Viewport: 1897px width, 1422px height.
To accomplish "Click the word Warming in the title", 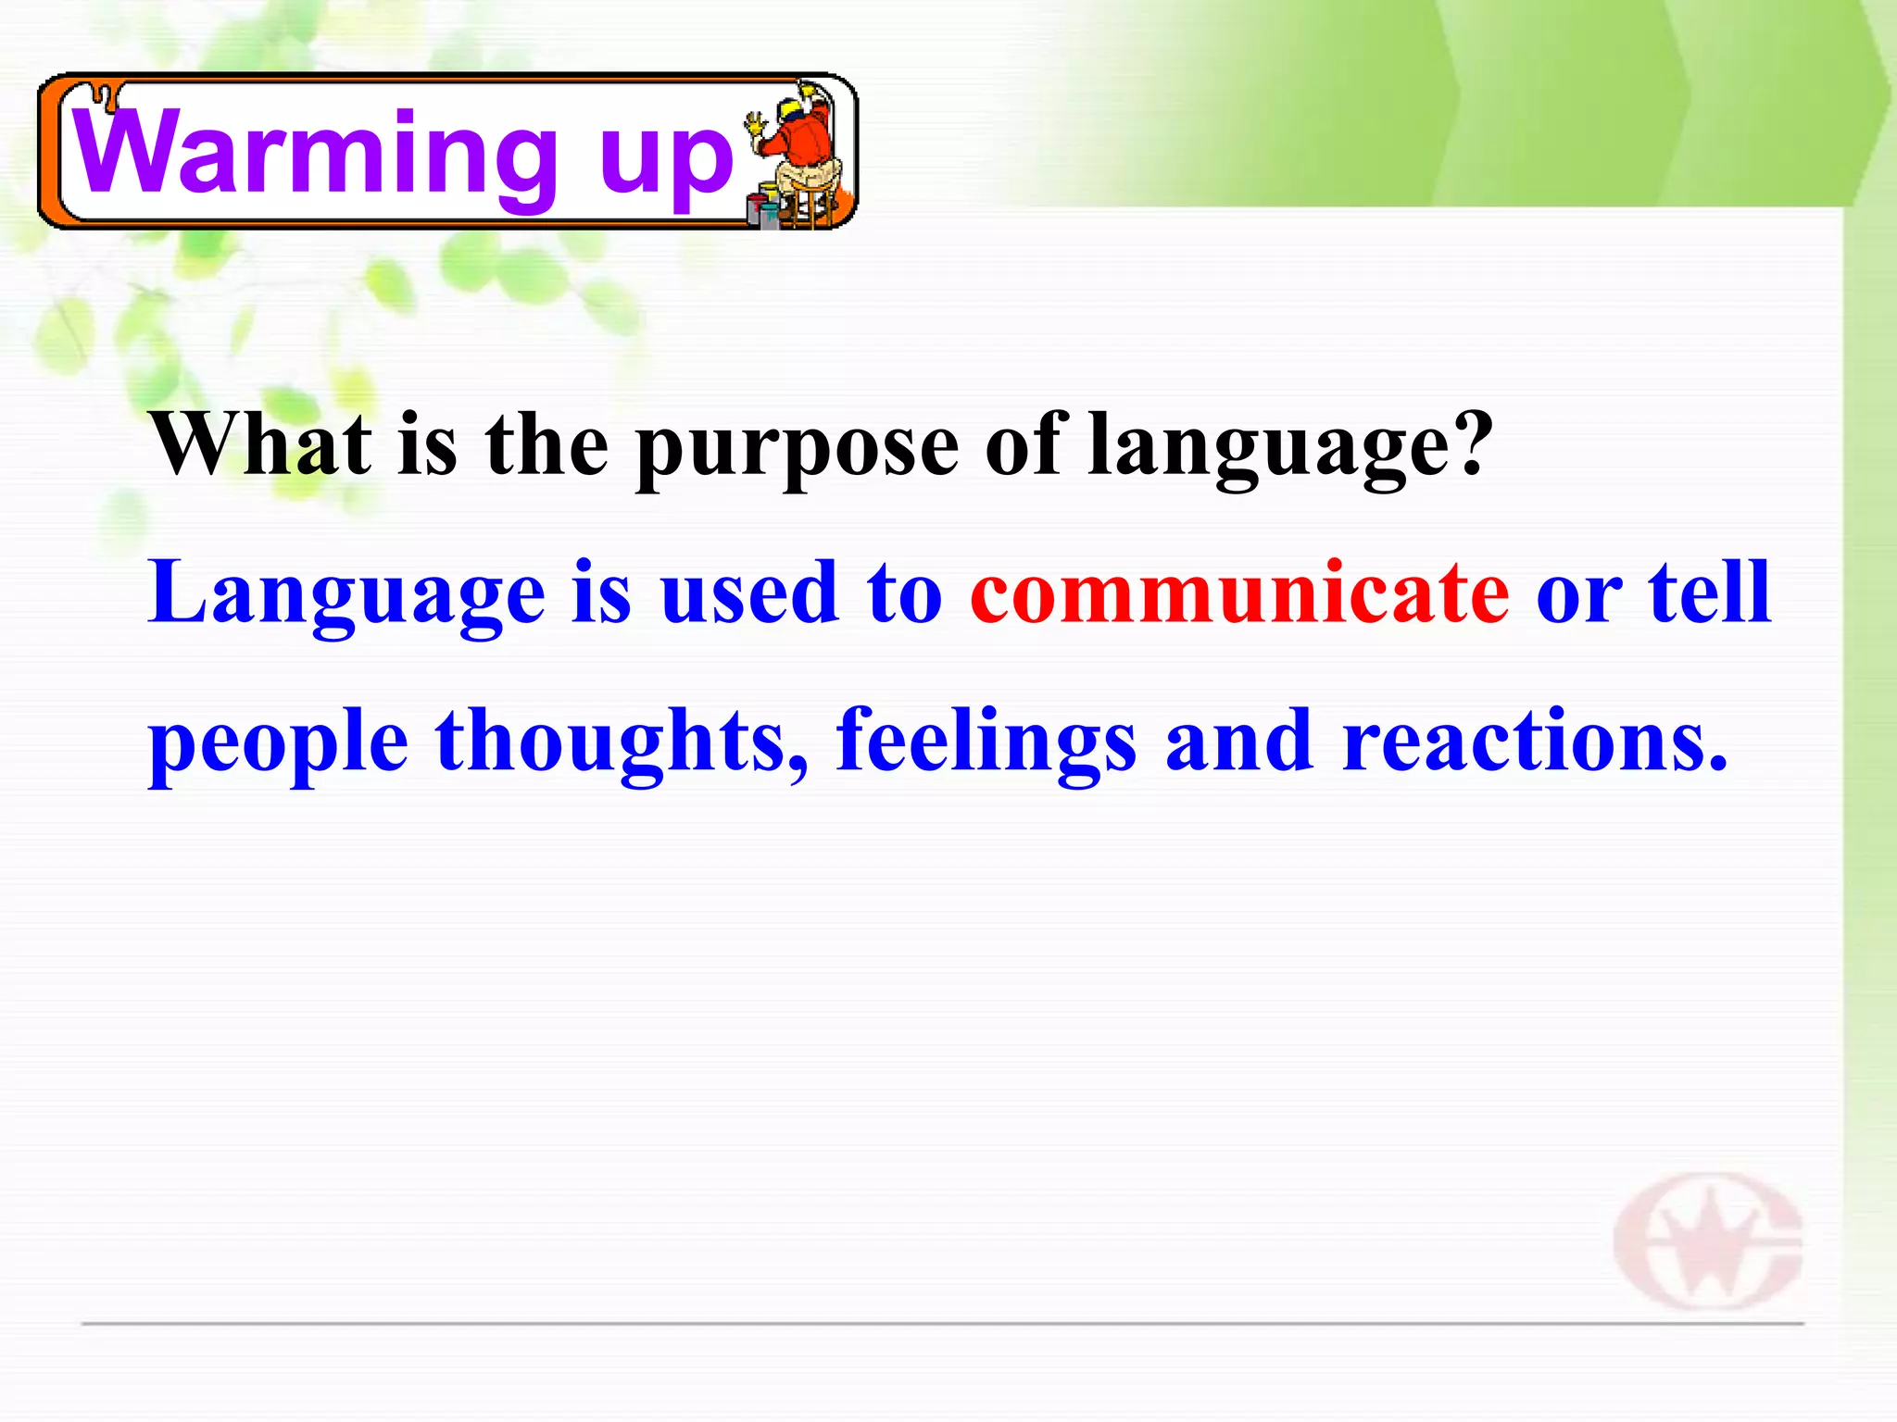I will [x=315, y=153].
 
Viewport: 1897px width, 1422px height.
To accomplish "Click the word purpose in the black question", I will [x=797, y=449].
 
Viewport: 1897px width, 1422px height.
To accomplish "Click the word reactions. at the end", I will [x=1534, y=741].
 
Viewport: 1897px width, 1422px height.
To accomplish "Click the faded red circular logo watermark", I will [x=1707, y=1241].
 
